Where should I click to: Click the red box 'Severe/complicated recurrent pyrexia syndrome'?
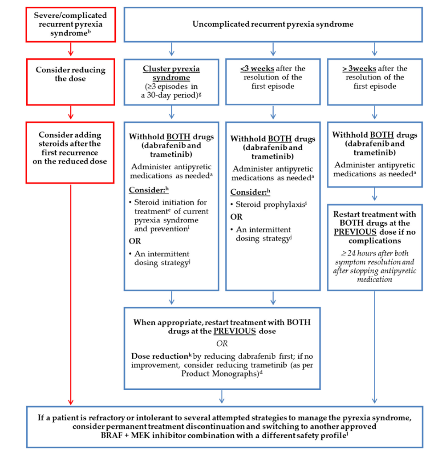(x=70, y=24)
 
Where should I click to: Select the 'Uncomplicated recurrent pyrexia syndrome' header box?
(x=273, y=24)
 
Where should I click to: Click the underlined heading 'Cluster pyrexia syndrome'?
(x=171, y=73)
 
